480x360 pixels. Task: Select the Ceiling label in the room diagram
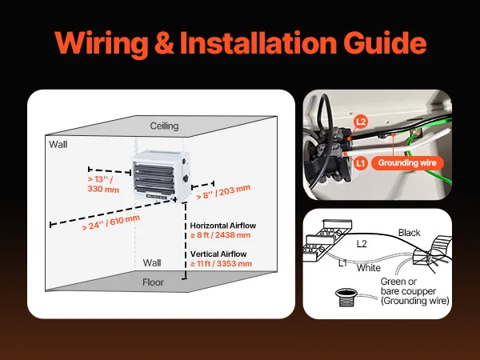(x=165, y=126)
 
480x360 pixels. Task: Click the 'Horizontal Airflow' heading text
(x=221, y=226)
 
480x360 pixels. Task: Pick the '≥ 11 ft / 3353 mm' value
(x=221, y=263)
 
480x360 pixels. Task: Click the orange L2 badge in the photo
(x=361, y=122)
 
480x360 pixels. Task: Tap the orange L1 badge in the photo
(x=361, y=162)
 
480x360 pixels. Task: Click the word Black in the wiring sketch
(x=410, y=233)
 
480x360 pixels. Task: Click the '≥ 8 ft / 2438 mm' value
(x=221, y=235)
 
